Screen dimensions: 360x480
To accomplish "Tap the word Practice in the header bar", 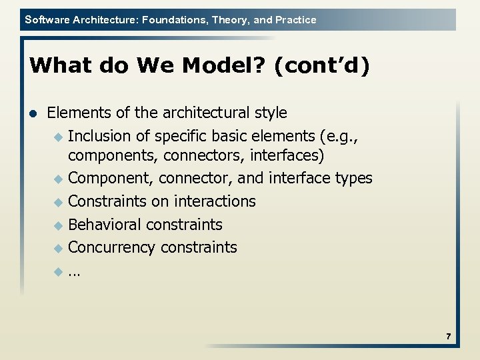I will click(295, 20).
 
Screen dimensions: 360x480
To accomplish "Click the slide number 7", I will click(449, 337).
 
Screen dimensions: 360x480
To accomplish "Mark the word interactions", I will click(215, 201).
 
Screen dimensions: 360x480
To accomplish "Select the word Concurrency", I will click(111, 247).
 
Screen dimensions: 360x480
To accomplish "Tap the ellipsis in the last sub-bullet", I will click(73, 272).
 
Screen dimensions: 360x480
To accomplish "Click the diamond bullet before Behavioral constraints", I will click(58, 225).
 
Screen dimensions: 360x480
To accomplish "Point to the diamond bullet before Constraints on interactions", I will click(58, 202).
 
